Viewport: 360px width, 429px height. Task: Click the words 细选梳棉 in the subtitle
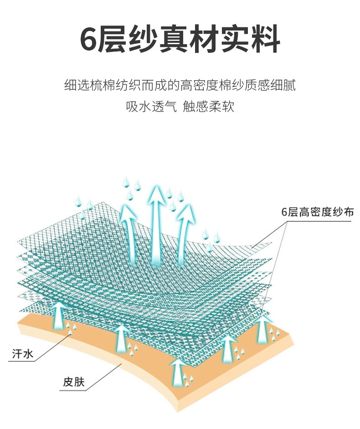click(x=91, y=85)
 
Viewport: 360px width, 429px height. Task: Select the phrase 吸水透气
click(x=151, y=107)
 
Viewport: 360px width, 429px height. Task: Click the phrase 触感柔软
click(x=209, y=107)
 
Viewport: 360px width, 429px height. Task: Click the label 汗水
click(x=21, y=353)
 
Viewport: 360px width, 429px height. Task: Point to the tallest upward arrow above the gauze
click(x=158, y=223)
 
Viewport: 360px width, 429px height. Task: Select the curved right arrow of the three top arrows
click(x=186, y=232)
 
